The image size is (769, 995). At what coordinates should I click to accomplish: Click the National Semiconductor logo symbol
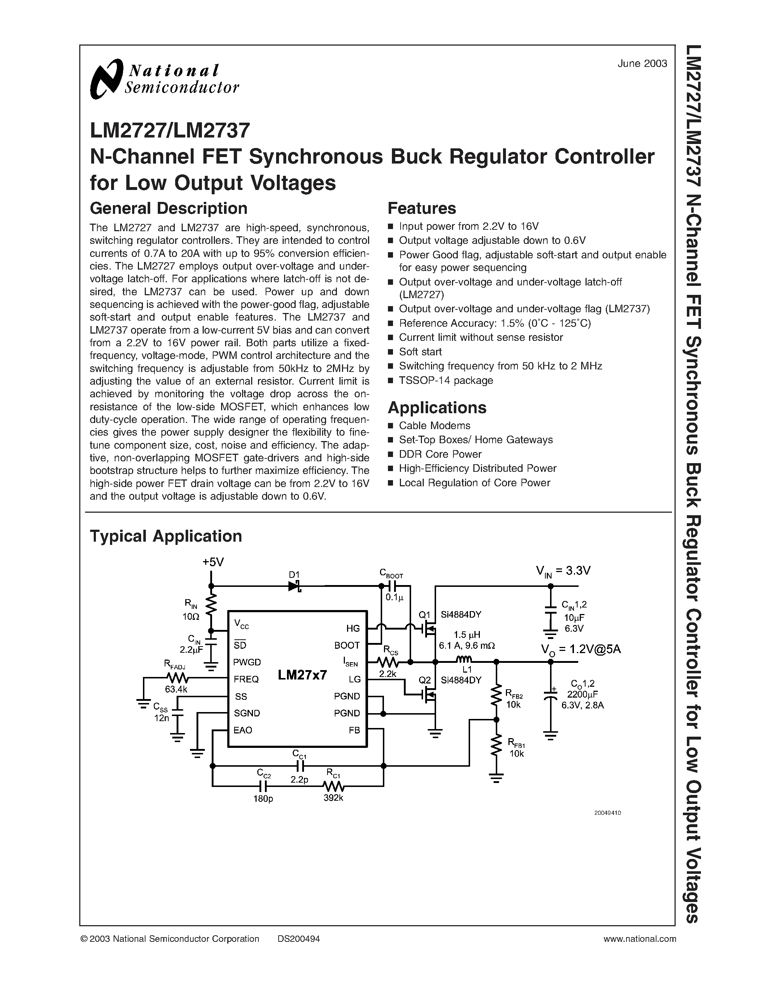coord(107,79)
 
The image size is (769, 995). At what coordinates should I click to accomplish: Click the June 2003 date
coord(642,64)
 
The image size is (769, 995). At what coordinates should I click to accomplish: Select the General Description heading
coord(169,208)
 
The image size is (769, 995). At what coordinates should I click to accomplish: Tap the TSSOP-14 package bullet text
coord(445,380)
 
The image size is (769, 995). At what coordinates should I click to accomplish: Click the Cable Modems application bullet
coord(434,425)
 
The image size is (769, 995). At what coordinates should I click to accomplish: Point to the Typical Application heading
coord(166,536)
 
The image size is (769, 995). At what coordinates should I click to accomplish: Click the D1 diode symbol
coord(294,586)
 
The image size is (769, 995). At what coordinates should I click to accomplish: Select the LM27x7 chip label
coord(303,675)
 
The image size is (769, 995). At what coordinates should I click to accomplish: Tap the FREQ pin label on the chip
coord(246,679)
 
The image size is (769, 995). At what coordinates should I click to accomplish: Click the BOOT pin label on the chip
coord(347,645)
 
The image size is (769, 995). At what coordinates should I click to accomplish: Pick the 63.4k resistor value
coord(176,689)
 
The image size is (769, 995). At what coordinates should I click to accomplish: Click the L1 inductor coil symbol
coord(464,659)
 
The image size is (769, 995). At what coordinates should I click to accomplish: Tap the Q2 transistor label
coord(424,680)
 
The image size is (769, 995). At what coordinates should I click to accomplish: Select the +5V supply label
coord(213,562)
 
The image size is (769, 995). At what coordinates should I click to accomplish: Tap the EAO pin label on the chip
coord(243,730)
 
